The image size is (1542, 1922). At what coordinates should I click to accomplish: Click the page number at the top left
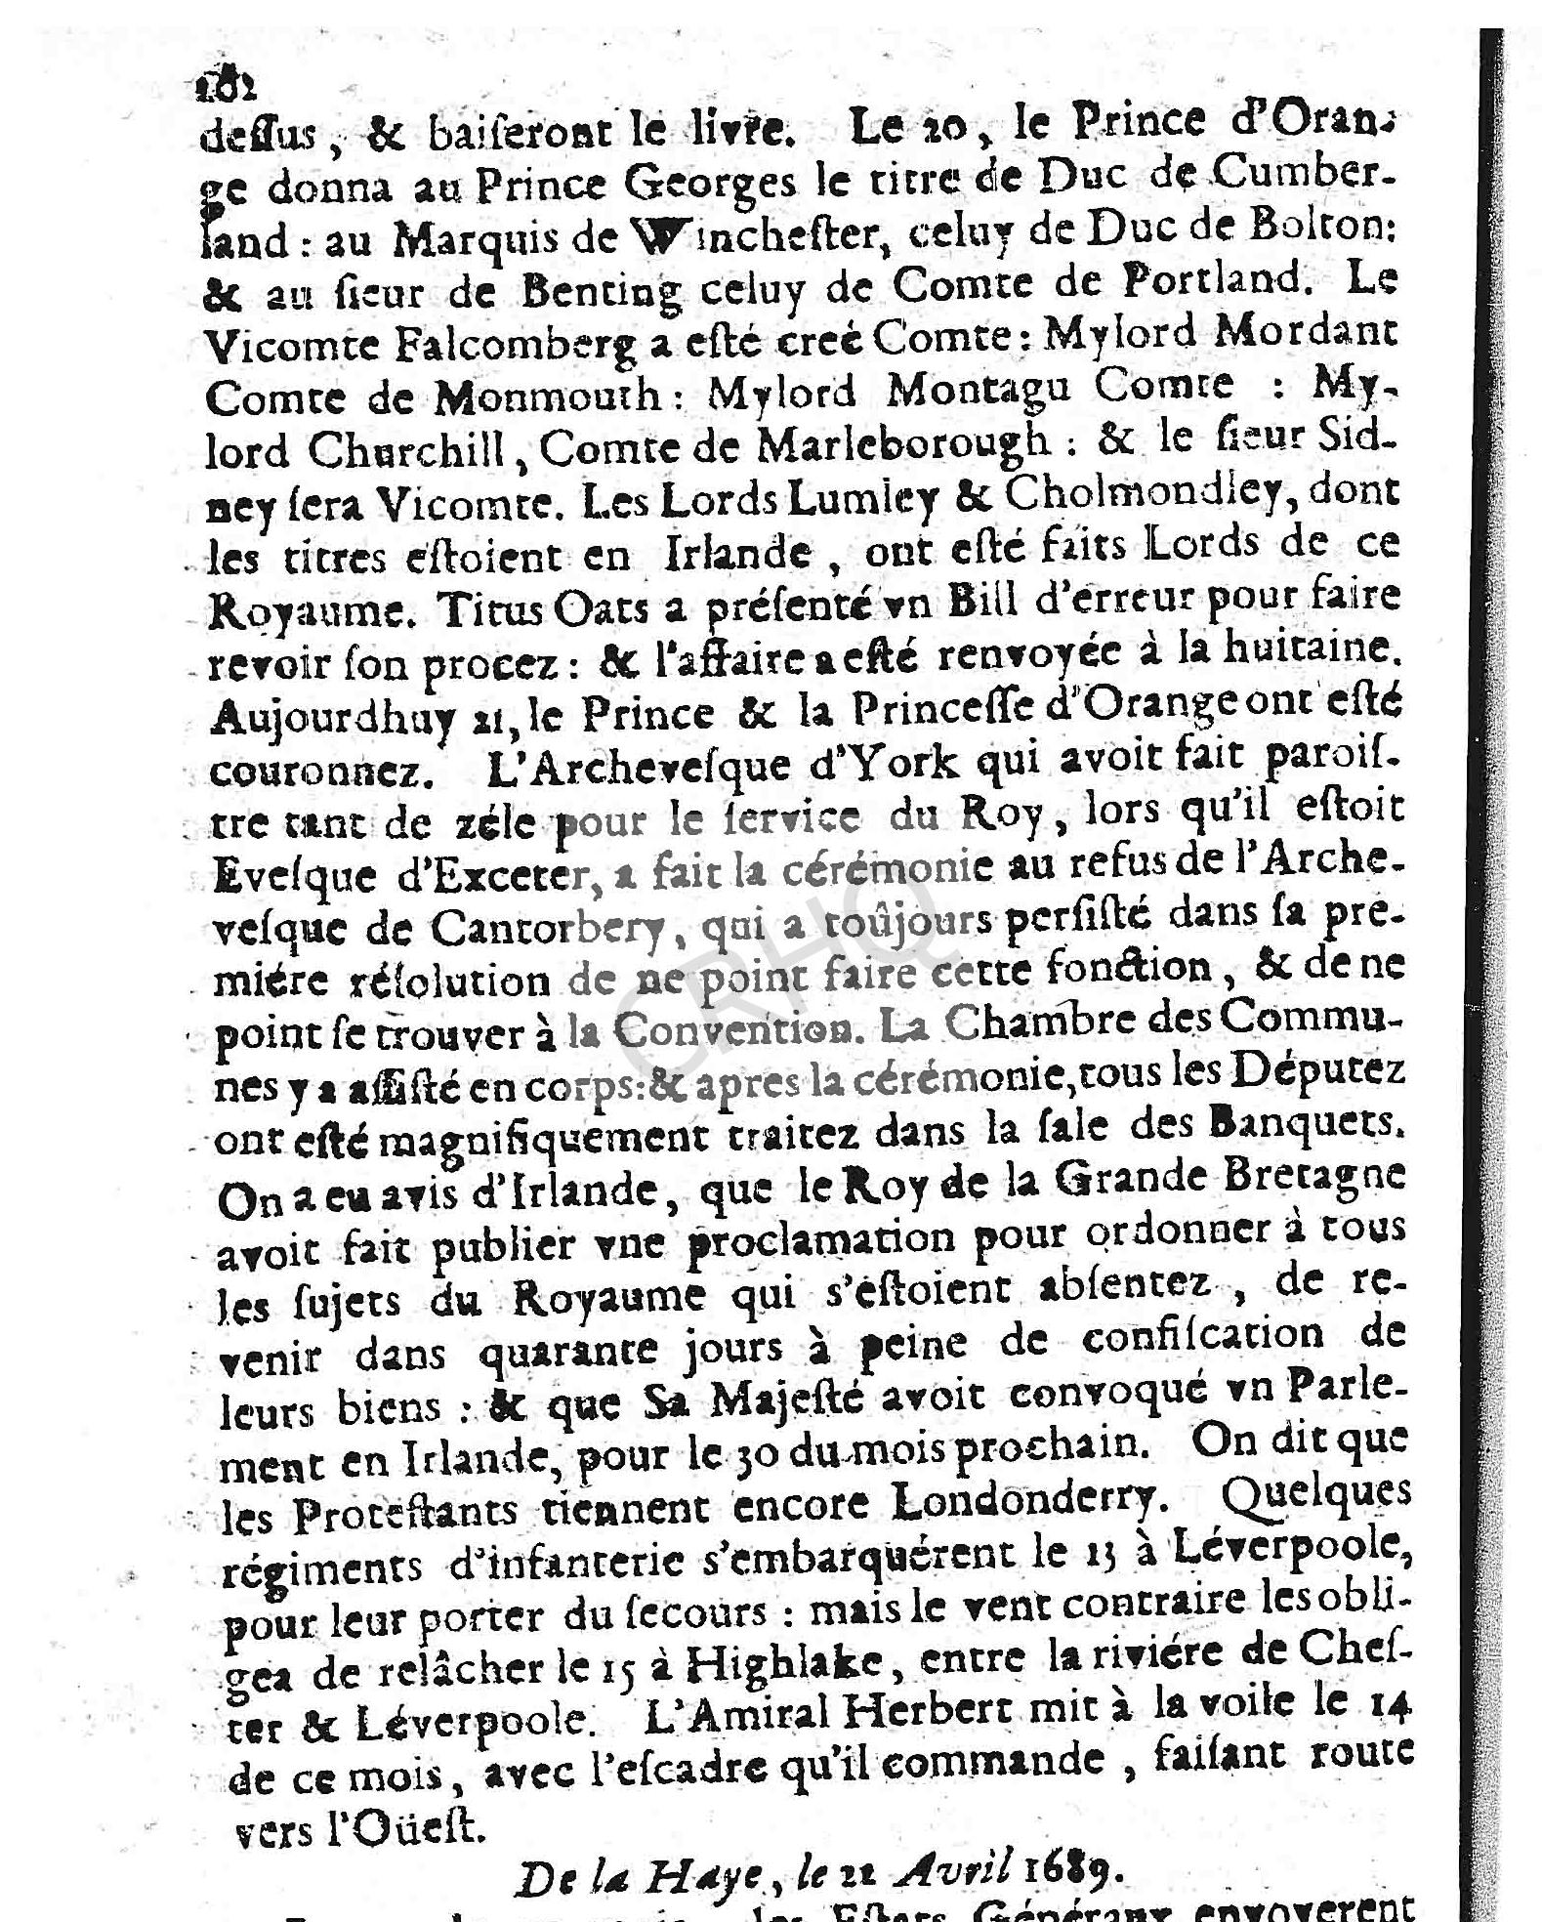click(x=226, y=87)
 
